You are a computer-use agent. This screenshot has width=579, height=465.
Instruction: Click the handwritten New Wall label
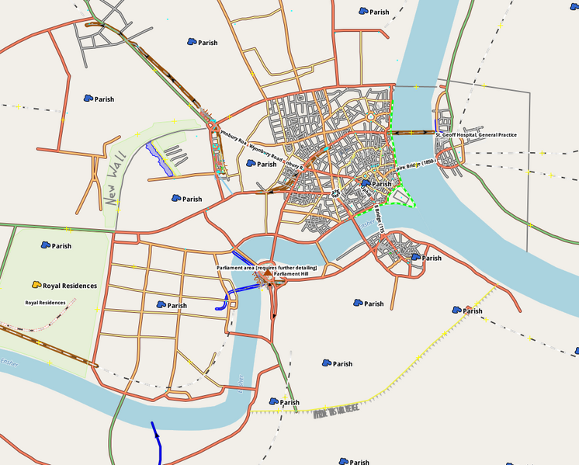click(113, 189)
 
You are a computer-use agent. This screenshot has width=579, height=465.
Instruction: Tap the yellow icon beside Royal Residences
click(36, 286)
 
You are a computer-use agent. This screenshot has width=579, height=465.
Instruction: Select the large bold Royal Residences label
click(70, 286)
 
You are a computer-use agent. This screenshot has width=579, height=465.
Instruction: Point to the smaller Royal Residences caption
click(45, 303)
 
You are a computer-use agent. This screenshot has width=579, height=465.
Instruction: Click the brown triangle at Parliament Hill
click(268, 275)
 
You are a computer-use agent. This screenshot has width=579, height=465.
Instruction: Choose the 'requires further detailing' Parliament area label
click(266, 268)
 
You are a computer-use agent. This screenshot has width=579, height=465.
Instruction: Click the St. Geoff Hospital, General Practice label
click(475, 135)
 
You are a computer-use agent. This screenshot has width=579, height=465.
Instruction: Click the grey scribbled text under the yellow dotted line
click(336, 412)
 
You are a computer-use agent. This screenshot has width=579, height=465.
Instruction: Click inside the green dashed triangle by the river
click(403, 196)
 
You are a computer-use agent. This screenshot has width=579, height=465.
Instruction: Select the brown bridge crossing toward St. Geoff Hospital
click(413, 133)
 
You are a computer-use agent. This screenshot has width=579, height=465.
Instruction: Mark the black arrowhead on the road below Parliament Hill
click(273, 317)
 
